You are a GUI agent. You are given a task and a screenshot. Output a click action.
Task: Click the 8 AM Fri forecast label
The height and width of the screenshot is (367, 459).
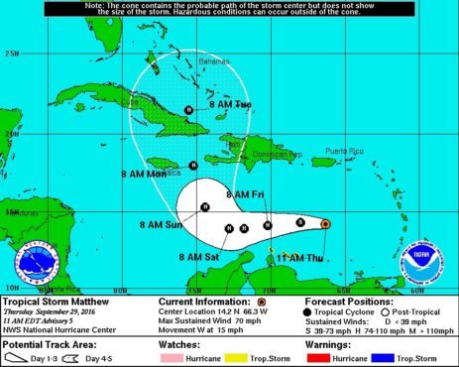pyautogui.click(x=243, y=192)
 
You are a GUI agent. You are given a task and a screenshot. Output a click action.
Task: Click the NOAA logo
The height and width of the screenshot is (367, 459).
pyautogui.click(x=420, y=260)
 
